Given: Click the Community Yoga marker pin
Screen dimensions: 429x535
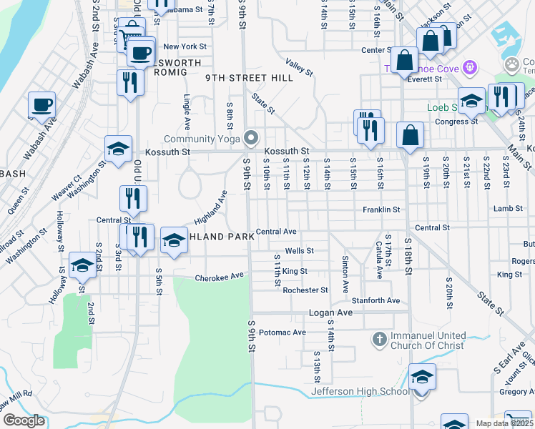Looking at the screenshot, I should click(250, 137).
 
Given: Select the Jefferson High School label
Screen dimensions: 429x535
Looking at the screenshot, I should click(360, 391).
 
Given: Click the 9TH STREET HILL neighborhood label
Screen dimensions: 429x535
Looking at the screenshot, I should click(250, 78).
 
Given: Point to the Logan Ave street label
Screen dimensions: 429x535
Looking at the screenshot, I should click(330, 313).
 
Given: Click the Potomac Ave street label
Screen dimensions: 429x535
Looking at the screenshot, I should click(282, 332).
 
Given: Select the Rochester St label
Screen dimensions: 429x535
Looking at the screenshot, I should click(305, 290).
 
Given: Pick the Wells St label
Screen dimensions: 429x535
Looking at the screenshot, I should click(299, 251).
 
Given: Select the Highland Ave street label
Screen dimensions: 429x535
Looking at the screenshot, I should click(210, 207).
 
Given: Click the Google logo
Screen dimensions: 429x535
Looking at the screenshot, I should click(24, 420).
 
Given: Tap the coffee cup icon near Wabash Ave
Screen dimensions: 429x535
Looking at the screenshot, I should click(42, 104).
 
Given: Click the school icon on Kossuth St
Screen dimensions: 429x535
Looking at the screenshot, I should click(118, 149).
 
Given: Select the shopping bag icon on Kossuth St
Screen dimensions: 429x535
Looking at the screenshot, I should click(410, 135).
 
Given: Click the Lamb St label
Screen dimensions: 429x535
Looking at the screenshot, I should click(506, 209).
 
